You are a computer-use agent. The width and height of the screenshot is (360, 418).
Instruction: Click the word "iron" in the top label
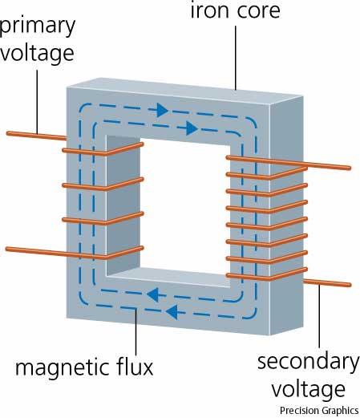point(208,10)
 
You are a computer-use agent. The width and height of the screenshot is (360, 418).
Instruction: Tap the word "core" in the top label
point(258,11)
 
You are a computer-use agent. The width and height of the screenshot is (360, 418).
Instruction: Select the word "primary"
point(37,26)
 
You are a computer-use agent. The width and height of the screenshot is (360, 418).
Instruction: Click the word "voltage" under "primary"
point(37,54)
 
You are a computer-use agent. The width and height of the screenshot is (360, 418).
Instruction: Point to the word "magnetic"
point(61,367)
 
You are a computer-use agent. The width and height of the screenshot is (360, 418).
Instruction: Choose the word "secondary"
point(309,362)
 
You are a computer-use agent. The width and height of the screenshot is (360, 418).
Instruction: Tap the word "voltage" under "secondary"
point(309,390)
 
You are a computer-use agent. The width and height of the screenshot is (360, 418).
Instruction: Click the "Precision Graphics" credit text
point(319,411)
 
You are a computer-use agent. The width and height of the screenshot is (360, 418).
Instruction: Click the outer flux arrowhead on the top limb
point(162,110)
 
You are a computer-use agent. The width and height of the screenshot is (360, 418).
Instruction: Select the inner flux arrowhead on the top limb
point(192,128)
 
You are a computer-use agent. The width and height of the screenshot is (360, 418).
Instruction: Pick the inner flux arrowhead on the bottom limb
point(153,294)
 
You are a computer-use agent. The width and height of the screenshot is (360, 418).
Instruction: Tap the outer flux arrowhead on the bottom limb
point(172,312)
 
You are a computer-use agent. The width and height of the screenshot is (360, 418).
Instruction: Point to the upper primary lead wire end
point(8,133)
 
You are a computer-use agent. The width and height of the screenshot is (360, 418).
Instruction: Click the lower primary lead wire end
point(7,249)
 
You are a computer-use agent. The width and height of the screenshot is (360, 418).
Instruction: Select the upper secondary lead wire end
point(349,168)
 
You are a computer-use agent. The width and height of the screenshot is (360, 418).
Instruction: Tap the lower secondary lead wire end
point(349,285)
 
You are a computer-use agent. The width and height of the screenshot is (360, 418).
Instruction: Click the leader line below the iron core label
point(236,58)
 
